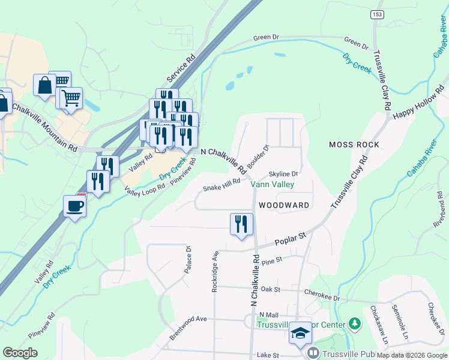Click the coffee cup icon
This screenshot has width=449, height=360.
click(74, 206)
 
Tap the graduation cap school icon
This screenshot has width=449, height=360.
click(300, 334)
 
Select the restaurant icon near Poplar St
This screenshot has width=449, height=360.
click(241, 224)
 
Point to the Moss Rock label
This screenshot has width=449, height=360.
click(354, 145)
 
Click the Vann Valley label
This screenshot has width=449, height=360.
click(272, 184)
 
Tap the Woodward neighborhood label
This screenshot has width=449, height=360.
click(284, 205)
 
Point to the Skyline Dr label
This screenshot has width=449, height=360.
click(284, 173)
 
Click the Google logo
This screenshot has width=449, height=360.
click(20, 353)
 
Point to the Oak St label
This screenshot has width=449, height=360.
click(271, 289)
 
